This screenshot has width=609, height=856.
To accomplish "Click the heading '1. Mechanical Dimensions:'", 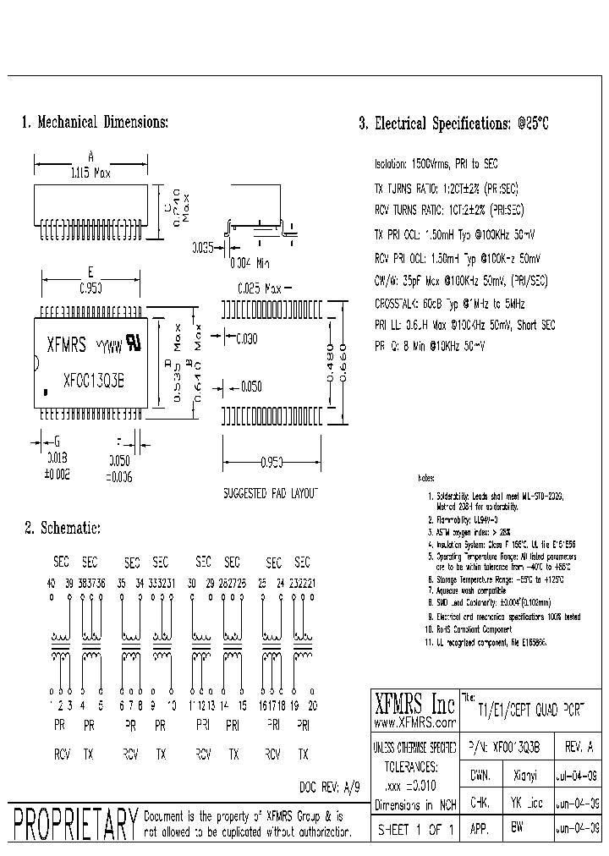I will point(95,123).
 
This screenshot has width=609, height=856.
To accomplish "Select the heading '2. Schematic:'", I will point(63,528).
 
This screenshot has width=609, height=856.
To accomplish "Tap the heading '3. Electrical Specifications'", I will point(453,123).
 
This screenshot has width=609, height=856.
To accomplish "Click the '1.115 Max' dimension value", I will point(91,173).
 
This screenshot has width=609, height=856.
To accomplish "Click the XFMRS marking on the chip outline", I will point(64,343).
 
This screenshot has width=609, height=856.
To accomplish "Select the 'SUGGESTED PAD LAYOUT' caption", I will point(270,491).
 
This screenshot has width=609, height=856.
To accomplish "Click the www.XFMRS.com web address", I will point(411,723).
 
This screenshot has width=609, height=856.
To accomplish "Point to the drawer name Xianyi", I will point(524,773).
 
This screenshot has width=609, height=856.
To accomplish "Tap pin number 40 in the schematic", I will point(50,583).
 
